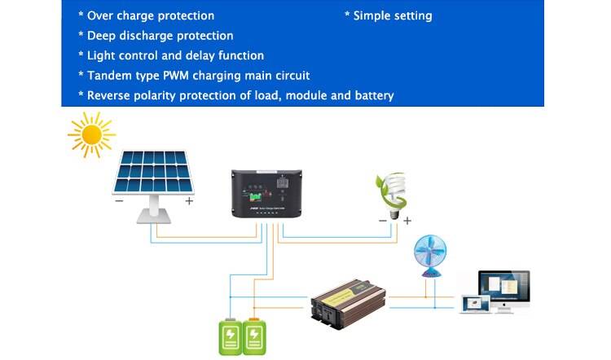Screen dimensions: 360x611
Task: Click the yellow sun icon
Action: tap(91, 134)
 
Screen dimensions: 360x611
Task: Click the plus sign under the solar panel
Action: tap(189, 201)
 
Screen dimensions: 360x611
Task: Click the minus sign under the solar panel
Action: tap(119, 201)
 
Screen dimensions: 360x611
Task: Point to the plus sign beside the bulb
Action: tap(407, 220)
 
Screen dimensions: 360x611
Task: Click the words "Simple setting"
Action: tap(393, 15)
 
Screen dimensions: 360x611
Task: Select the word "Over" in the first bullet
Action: tap(101, 15)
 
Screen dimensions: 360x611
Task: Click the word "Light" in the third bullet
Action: tap(102, 55)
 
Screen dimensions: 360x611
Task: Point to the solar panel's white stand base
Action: tap(154, 215)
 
